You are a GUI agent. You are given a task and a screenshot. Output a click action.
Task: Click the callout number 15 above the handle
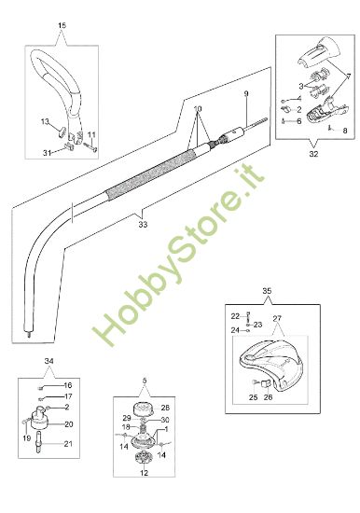click(62, 23)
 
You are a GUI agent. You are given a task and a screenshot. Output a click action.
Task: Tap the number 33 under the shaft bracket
click(143, 224)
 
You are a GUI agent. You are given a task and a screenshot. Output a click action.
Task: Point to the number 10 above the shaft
click(198, 109)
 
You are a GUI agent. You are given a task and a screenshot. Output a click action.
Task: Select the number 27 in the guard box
click(277, 318)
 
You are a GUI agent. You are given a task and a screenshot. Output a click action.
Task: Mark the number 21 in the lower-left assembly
click(67, 444)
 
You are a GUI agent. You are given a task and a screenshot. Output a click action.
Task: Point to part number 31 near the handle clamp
click(48, 153)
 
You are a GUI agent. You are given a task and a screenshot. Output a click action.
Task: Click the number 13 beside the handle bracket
click(44, 121)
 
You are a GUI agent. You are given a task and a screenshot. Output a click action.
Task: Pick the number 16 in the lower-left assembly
click(67, 384)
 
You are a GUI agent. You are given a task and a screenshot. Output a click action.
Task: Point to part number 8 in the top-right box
click(344, 131)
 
